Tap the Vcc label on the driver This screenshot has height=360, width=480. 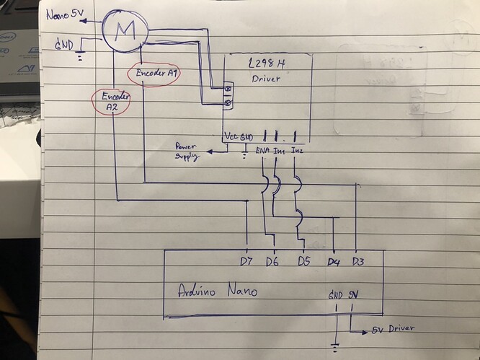click(230, 136)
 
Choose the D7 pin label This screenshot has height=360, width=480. click(247, 260)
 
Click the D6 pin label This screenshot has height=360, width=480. click(272, 260)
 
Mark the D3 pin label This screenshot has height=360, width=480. click(358, 260)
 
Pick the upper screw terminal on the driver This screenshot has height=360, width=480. click(230, 90)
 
